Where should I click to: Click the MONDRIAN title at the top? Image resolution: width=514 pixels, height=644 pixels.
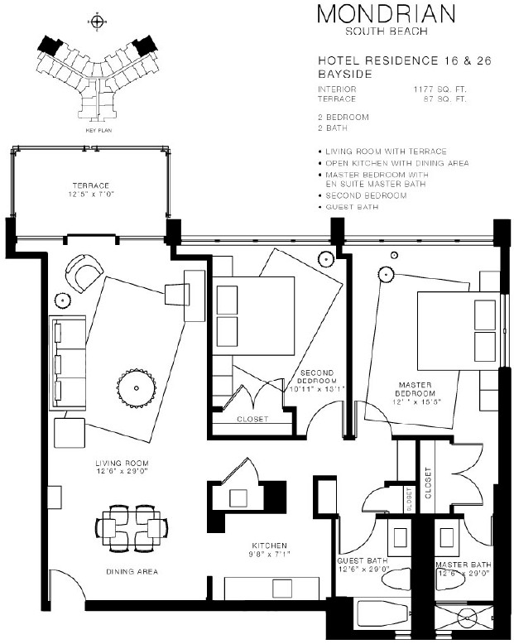387,14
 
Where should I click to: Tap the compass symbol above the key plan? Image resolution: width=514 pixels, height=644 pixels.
98,22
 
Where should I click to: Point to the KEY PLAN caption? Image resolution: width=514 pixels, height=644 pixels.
98,130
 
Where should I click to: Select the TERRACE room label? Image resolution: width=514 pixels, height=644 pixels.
91,185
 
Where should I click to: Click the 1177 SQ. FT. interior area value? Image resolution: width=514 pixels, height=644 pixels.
440,89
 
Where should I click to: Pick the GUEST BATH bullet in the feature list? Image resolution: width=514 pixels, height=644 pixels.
352,207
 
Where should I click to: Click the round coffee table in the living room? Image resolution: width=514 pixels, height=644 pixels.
137,388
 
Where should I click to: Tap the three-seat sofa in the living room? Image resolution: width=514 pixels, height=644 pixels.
68,363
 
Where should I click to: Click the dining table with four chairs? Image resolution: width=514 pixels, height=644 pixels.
132,528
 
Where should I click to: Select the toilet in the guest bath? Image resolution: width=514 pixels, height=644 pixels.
396,579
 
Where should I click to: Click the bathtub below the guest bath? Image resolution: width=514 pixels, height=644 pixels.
382,614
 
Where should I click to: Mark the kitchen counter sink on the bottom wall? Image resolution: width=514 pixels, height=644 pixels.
282,589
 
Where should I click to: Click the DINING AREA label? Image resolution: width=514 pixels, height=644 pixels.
132,572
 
